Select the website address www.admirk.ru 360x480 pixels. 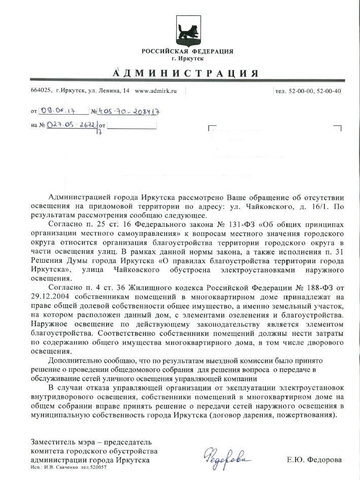click(x=155, y=91)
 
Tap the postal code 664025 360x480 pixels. click(x=41, y=91)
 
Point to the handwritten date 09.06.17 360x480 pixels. click(x=59, y=110)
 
